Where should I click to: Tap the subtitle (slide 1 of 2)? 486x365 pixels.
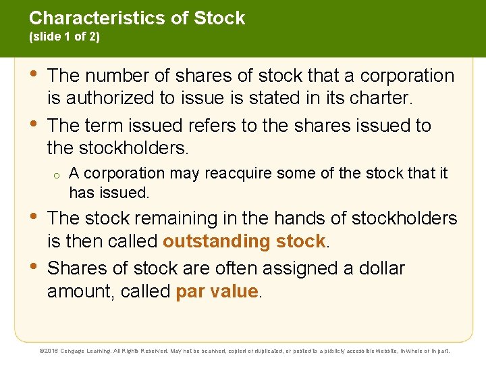coord(64,37)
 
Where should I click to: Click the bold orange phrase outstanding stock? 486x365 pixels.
coord(244,241)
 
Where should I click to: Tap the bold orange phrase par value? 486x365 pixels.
coord(217,291)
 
